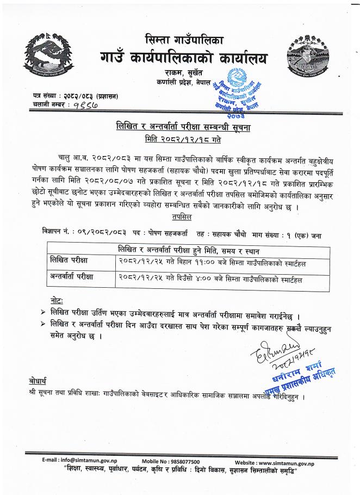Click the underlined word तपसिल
tap(181, 216)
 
